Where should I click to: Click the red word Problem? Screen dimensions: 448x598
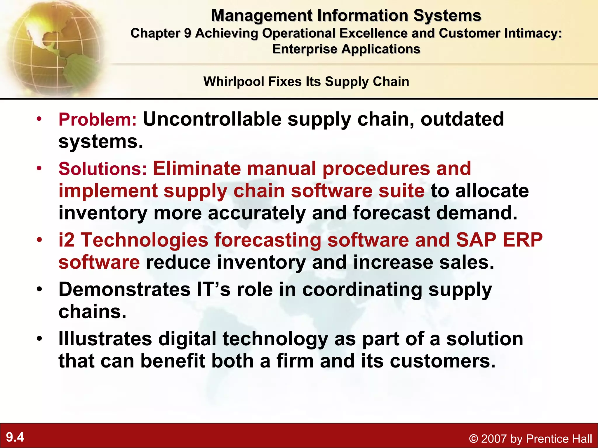tap(98, 120)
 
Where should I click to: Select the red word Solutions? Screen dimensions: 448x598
tap(102, 169)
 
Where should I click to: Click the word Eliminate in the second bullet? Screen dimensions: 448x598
tap(197, 168)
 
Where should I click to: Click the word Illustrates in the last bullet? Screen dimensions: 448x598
tap(105, 339)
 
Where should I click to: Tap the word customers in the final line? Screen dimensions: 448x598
tap(442, 361)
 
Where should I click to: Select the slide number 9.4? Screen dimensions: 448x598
tap(15, 437)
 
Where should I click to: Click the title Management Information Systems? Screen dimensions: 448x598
tap(346, 15)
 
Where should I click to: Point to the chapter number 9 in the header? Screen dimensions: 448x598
tap(187, 33)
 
